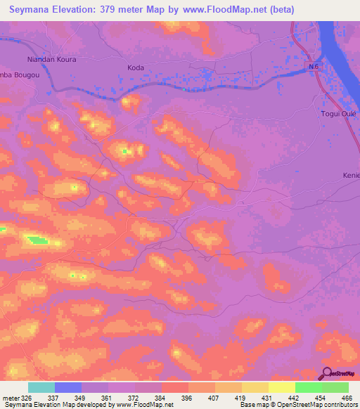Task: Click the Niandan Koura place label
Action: click(x=51, y=60)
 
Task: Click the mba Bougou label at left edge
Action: click(x=17, y=74)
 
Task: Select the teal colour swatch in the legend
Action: click(x=41, y=387)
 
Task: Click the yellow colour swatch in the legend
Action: click(x=281, y=387)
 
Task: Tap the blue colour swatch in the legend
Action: click(x=68, y=387)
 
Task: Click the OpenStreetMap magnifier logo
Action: click(x=327, y=374)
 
